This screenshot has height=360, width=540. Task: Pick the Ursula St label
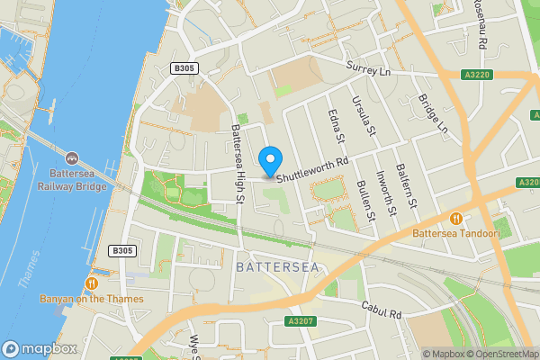(x=366, y=119)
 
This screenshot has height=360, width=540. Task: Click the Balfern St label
(x=411, y=190)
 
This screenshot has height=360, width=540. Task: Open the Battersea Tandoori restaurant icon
(x=457, y=218)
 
